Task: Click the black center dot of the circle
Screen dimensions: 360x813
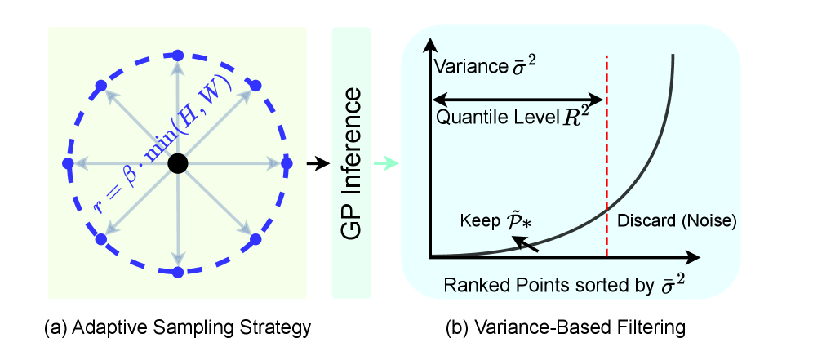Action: (x=177, y=164)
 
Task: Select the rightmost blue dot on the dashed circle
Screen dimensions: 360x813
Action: (x=287, y=163)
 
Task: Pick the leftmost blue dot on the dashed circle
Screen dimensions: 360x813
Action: (x=68, y=164)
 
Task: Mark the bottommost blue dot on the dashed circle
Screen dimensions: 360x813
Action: (x=177, y=272)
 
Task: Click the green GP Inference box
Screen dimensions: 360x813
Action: (x=351, y=162)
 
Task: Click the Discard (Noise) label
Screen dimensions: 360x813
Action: (x=677, y=220)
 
